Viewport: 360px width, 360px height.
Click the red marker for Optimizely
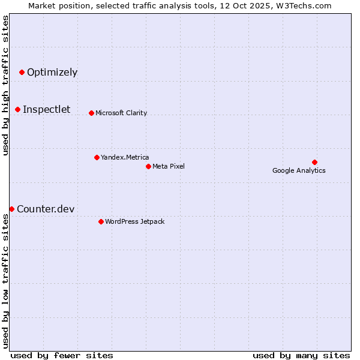pos(22,72)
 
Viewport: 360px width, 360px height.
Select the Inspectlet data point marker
pos(17,109)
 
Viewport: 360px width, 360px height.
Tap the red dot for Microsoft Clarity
pos(91,113)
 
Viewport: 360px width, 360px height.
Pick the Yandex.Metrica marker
pos(97,157)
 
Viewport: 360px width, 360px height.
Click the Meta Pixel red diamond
pos(148,166)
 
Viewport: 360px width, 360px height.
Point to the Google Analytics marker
pos(314,162)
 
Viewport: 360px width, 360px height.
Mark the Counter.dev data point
pos(11,209)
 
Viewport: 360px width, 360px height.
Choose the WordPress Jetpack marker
pos(101,221)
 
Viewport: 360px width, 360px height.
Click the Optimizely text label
pos(52,73)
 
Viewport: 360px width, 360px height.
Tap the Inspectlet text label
pos(46,109)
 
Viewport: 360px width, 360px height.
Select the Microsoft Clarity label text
pos(121,113)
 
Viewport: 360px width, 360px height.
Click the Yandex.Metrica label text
pos(125,157)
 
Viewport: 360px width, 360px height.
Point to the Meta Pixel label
pos(169,166)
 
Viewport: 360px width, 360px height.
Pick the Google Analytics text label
pos(299,170)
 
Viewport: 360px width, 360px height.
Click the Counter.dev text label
pos(46,209)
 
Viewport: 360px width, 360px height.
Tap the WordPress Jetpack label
pos(134,221)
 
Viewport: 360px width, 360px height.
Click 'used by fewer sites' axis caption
pos(62,355)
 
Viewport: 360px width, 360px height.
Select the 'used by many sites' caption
pos(301,355)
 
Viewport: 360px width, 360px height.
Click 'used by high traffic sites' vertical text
pos(5,85)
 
